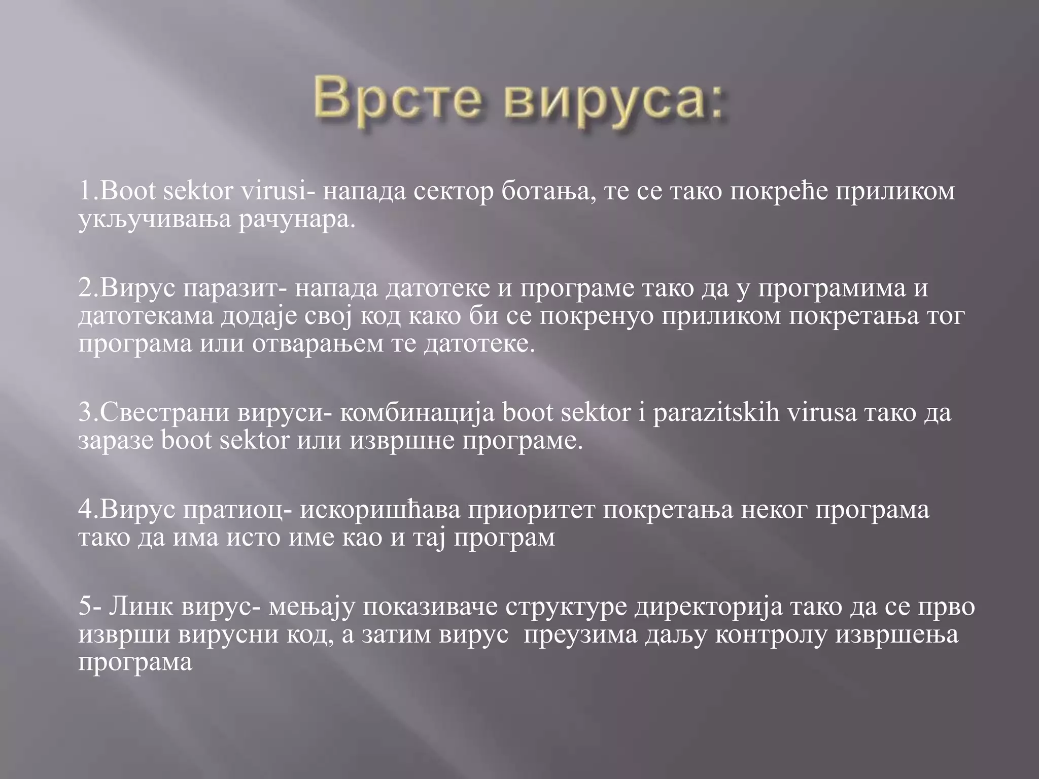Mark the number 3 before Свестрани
84,413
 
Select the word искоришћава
380,510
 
